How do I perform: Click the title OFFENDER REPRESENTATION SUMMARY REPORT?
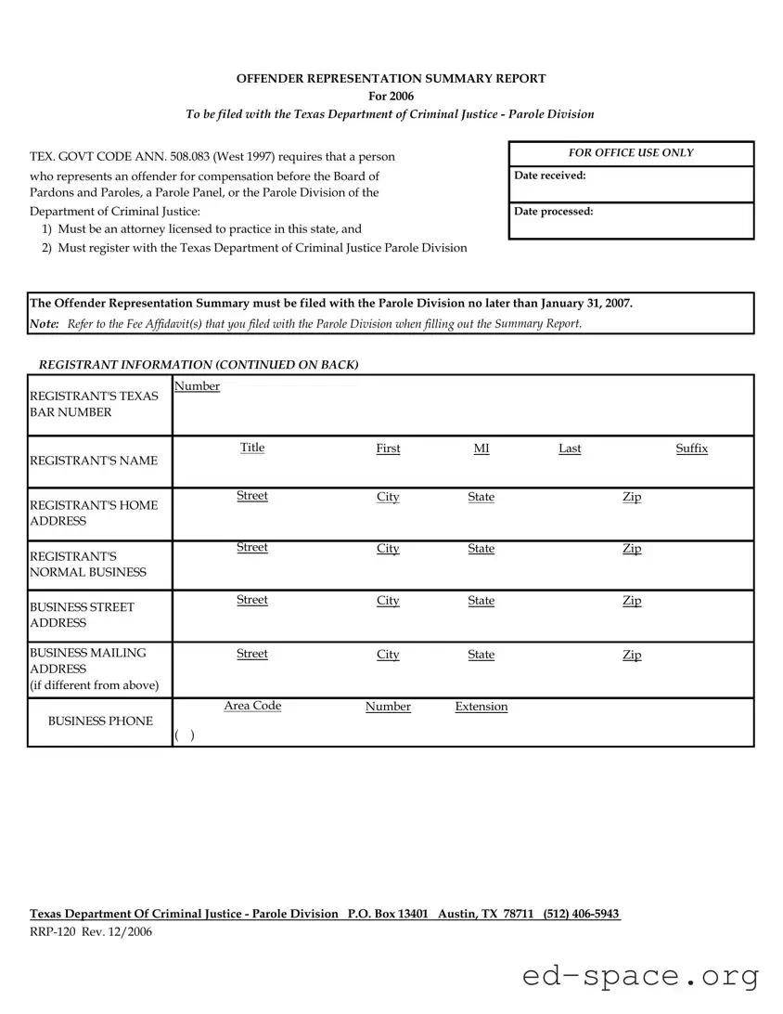[391, 79]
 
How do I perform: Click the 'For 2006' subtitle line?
[391, 96]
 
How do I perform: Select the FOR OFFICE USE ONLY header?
[631, 153]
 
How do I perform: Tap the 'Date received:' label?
[550, 175]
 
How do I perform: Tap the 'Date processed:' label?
[554, 212]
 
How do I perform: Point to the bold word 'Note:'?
[45, 323]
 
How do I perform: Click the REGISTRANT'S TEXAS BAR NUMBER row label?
[94, 404]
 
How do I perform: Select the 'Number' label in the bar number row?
[197, 386]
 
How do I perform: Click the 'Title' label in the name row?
[252, 448]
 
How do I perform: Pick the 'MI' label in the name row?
[481, 448]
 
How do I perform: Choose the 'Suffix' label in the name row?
[691, 448]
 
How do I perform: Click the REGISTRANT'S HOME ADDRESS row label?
[94, 513]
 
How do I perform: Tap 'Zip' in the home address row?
[632, 497]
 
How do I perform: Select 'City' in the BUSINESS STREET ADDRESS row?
[388, 601]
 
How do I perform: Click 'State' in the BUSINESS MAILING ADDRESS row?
[481, 655]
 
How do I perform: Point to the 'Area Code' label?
[252, 706]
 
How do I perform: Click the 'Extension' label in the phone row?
[481, 707]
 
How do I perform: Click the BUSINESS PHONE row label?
[100, 721]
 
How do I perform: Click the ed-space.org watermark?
[640, 976]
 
